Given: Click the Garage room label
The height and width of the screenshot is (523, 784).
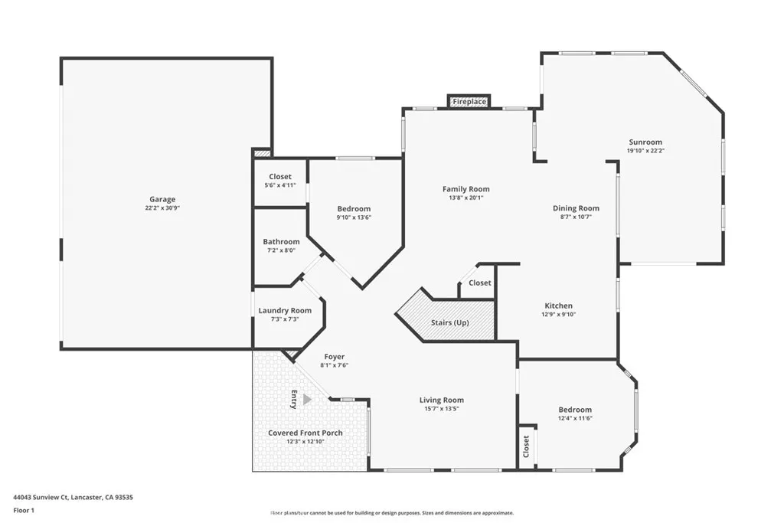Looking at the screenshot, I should tap(162, 200).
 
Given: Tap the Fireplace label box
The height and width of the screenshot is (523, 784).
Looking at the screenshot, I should tap(469, 102).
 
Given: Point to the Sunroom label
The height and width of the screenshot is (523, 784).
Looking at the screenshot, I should tap(645, 142).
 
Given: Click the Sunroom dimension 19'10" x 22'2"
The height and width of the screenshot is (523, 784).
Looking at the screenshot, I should tap(645, 151).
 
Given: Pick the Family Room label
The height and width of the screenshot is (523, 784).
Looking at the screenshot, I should tap(465, 189).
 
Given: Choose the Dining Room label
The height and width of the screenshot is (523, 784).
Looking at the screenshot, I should tap(576, 208).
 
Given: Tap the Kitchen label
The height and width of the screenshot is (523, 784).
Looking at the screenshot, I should tap(558, 306).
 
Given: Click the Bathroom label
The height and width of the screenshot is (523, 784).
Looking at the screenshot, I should tap(281, 242).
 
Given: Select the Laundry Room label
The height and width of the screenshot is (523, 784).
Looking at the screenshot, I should tap(285, 310).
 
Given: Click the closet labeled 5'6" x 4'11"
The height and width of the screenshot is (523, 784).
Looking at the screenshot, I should tap(280, 181).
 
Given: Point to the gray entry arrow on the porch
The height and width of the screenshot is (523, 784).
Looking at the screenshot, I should tap(307, 399).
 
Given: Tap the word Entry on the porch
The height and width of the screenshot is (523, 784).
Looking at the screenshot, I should tap(293, 399).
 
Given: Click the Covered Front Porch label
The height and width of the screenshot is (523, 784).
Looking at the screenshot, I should tap(305, 433).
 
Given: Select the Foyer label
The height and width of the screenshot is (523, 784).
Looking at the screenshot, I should tap(334, 357).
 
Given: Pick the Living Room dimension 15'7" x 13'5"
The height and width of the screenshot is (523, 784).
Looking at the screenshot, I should tap(442, 408).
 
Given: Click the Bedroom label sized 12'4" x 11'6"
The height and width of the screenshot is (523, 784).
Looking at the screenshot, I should tap(574, 410).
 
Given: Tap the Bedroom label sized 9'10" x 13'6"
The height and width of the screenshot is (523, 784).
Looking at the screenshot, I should tap(354, 209).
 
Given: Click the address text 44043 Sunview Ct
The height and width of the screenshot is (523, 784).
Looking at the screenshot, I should tap(46, 497).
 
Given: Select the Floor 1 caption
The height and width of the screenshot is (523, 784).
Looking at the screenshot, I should tap(24, 510).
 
